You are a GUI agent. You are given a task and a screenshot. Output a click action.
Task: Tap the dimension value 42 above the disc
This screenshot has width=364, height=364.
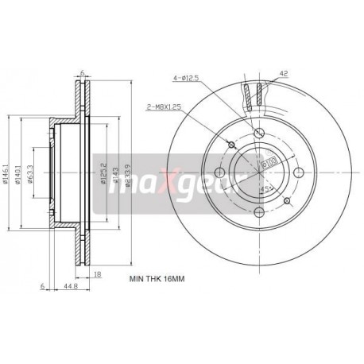click(282, 74)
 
